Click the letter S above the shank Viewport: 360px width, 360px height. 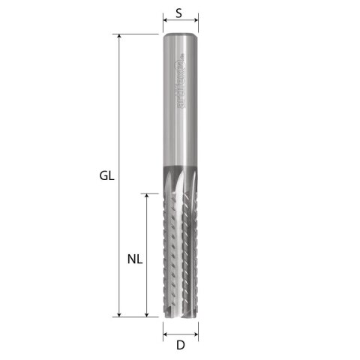click(x=179, y=13)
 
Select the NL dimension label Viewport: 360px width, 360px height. click(x=134, y=259)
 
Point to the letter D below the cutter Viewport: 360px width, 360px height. click(x=180, y=345)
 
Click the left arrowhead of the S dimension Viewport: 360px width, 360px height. click(x=165, y=23)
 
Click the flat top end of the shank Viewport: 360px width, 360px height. click(x=180, y=35)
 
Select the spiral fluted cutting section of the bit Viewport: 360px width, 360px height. click(x=180, y=247)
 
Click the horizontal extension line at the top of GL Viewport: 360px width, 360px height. click(x=139, y=34)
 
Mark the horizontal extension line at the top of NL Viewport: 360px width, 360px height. click(x=154, y=193)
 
